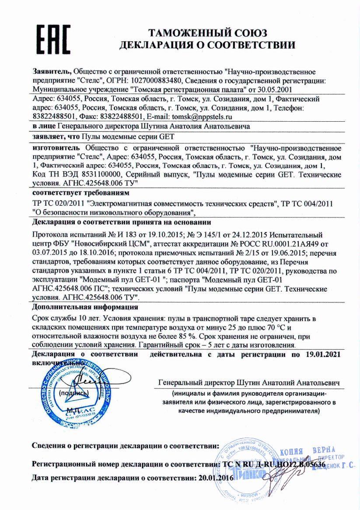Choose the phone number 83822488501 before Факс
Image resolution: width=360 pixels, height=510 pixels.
tap(55, 117)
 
